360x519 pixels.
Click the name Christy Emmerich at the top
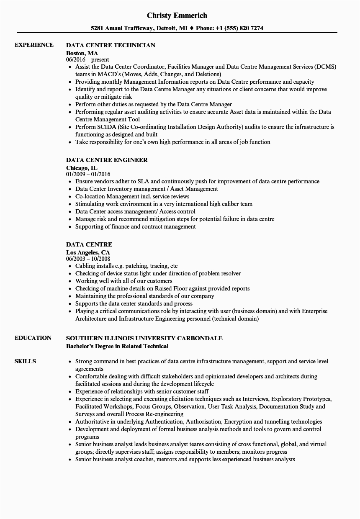(x=177, y=15)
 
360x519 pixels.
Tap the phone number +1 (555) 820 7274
(x=239, y=28)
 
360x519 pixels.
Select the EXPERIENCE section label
(x=34, y=45)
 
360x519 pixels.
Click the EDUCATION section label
(x=33, y=338)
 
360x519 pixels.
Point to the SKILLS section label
(x=25, y=361)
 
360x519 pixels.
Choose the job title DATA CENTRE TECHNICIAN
(x=111, y=45)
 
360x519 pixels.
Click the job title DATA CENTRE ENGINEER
(x=107, y=160)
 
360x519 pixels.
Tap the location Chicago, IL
(x=82, y=167)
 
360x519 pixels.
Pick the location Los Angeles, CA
(x=88, y=252)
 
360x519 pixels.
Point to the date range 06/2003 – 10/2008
(x=88, y=259)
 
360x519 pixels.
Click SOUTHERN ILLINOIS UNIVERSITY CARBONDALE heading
(x=144, y=338)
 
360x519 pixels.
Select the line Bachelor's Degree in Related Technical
(x=117, y=346)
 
